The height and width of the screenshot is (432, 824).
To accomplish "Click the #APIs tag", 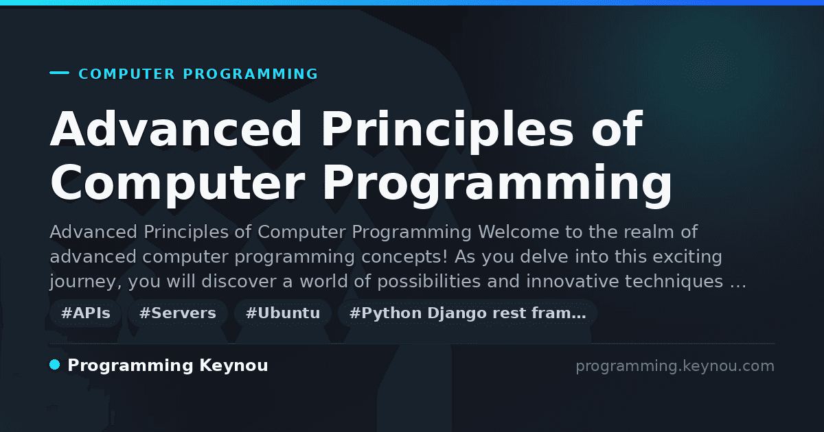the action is [85, 313].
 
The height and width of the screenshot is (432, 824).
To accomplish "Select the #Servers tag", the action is [177, 313].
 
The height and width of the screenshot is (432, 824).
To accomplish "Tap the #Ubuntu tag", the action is [282, 313].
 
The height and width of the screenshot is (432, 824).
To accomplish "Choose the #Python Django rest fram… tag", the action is [467, 313].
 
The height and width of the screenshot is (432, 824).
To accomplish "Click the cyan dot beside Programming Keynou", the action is [55, 365].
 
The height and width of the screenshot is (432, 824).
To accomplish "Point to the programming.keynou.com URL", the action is [675, 366].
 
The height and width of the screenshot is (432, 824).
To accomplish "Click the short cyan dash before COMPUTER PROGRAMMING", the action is [59, 73].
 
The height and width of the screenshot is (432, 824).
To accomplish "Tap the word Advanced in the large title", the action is [176, 129].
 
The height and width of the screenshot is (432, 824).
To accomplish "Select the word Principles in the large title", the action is [448, 131].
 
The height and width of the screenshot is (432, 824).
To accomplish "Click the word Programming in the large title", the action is [497, 185].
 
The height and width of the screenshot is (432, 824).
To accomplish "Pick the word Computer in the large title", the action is [178, 185].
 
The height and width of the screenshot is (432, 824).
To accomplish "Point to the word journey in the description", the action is [85, 282].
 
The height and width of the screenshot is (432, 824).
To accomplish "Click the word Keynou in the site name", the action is [233, 365].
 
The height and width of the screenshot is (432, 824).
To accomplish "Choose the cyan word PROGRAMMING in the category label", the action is [251, 74].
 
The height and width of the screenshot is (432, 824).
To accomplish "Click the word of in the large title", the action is [617, 129].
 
